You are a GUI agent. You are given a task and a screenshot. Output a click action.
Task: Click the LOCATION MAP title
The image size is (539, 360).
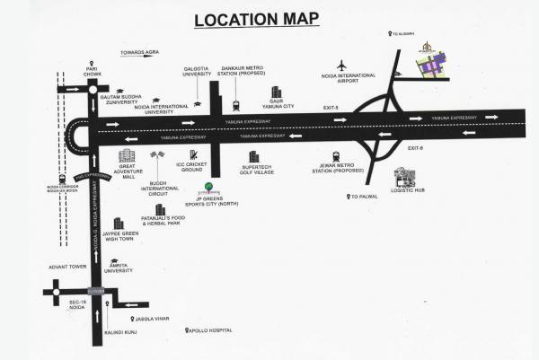(269, 20)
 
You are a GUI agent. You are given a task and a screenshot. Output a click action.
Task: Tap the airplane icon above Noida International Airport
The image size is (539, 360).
(340, 66)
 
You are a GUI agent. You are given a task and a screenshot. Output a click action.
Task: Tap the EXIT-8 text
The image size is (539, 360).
(414, 148)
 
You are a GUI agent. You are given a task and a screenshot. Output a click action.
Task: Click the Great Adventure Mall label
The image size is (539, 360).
(127, 174)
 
